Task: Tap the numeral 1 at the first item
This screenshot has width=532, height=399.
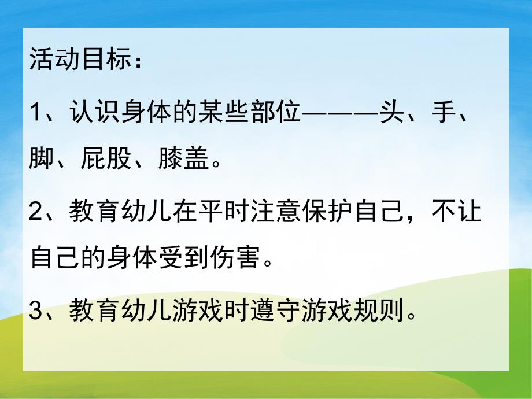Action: pyautogui.click(x=35, y=113)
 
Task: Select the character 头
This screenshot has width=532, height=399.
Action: pyautogui.click(x=386, y=113)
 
